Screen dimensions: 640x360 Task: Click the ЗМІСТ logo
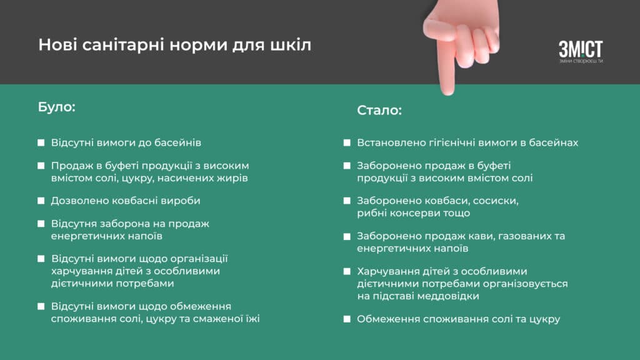tap(581, 51)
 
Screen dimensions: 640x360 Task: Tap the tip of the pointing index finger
tap(447, 94)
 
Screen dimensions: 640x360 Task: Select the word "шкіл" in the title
tap(291, 44)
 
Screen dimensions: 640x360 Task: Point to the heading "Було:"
tap(57, 107)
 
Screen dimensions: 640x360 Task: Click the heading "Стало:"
tap(379, 110)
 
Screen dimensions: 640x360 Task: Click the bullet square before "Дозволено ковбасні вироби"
tap(41, 201)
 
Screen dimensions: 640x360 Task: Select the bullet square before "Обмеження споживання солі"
tap(347, 319)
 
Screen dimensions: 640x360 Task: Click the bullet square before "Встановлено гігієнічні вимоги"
tap(347, 143)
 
